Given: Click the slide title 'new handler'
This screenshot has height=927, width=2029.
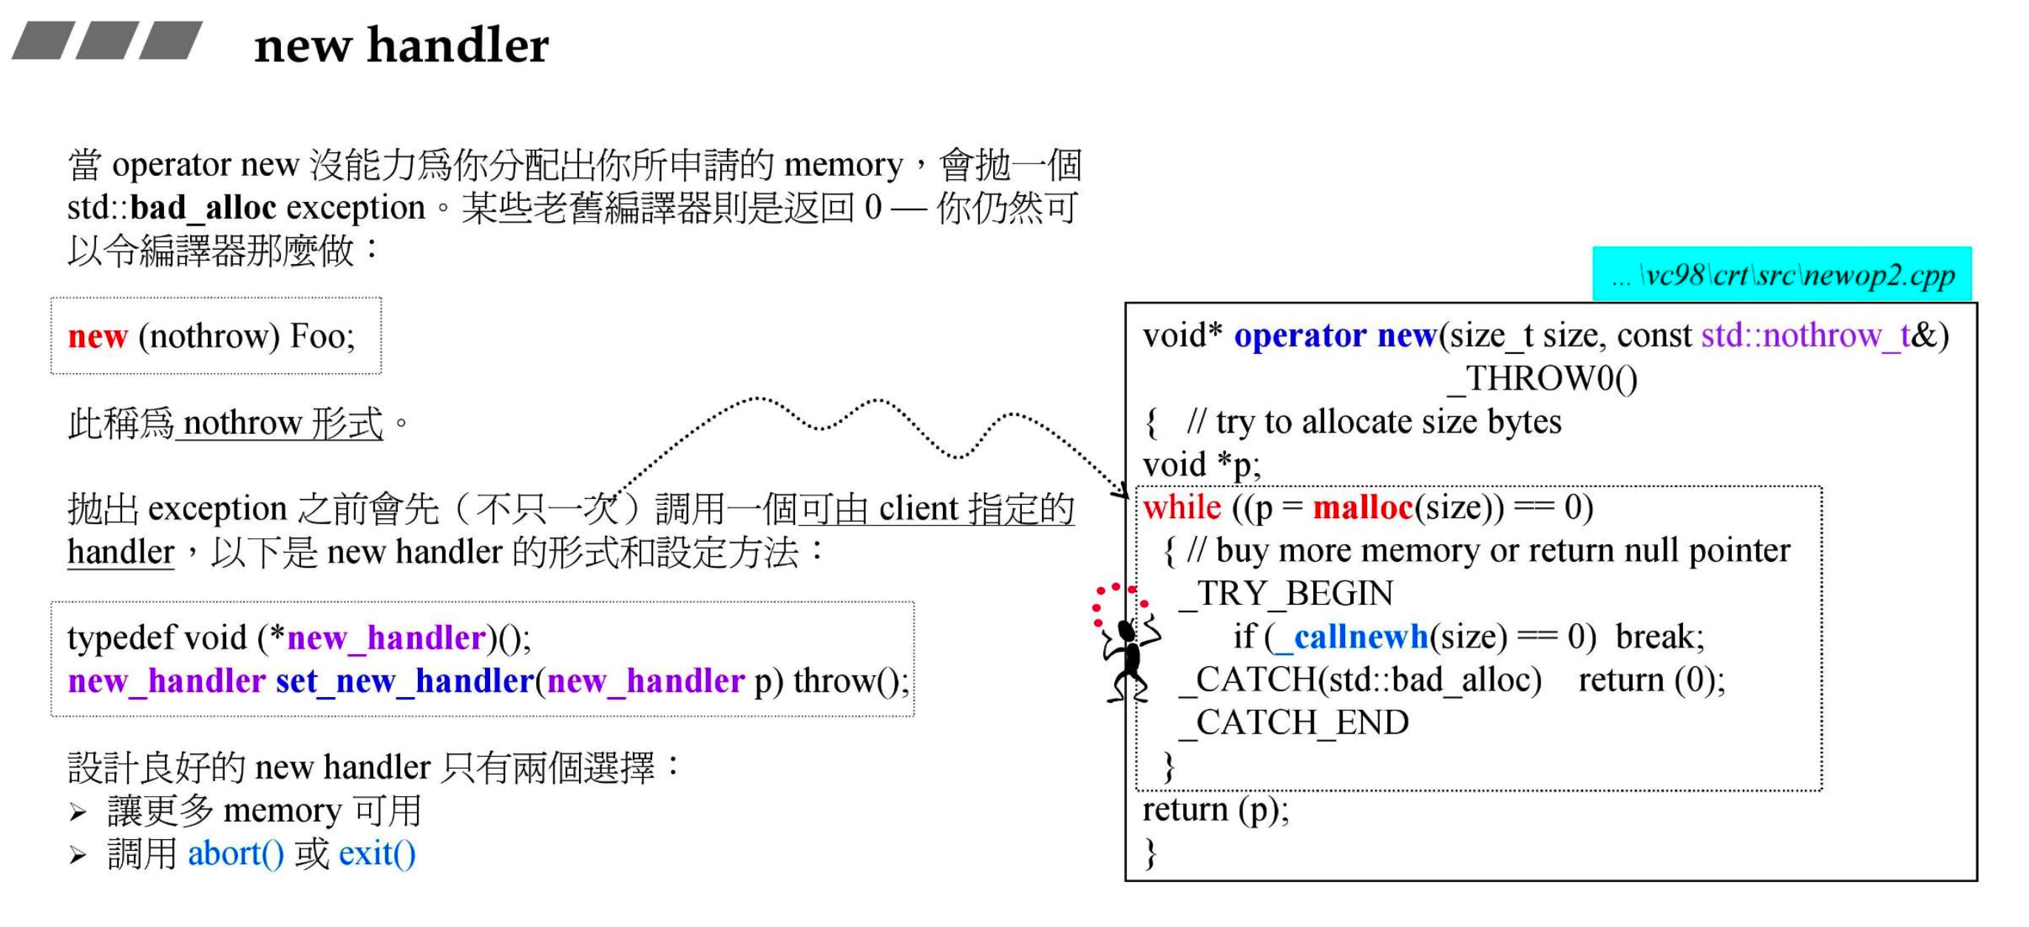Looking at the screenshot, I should (x=401, y=45).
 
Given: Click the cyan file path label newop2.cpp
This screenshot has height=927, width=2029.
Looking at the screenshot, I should (x=1783, y=275).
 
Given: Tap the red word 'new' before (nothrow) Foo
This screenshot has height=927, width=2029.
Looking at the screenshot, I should (x=97, y=336).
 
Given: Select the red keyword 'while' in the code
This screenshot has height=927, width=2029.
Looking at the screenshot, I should (x=1182, y=507).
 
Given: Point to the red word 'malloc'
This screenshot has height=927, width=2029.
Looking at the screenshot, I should (x=1363, y=507).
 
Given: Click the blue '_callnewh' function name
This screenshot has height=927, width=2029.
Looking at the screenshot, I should (x=1361, y=636).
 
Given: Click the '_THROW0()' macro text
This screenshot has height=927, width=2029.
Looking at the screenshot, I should (x=1542, y=378).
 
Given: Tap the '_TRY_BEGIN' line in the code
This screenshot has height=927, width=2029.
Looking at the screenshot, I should (x=1287, y=593).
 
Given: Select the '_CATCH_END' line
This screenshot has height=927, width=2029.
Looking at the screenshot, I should (x=1294, y=722).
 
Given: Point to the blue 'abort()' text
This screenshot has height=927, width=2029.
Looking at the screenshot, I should (x=235, y=854).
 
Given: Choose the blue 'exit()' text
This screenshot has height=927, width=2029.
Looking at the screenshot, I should (x=377, y=854).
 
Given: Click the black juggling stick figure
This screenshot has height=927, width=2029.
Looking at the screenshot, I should (x=1127, y=658).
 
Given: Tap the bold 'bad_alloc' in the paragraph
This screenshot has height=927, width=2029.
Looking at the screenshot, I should (x=203, y=208).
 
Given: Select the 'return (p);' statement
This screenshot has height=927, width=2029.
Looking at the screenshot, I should (x=1216, y=809).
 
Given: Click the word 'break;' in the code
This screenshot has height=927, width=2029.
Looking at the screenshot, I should (x=1659, y=636).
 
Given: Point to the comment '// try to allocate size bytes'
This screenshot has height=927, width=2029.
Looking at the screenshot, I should (x=1375, y=422).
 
